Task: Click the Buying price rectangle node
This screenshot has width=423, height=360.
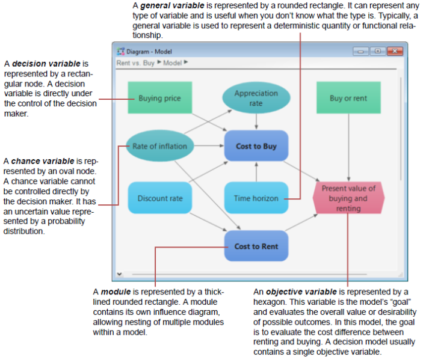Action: coord(160,97)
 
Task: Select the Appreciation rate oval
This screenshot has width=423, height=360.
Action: coord(256,98)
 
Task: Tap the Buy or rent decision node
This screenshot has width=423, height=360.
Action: coord(348,97)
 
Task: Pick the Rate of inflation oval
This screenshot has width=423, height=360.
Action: coord(160,146)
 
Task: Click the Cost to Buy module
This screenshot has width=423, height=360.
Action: coord(256,146)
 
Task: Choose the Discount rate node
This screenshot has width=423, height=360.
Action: coord(160,198)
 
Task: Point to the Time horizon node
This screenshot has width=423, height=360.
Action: coord(256,198)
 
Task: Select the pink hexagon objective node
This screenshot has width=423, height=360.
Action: coord(348,198)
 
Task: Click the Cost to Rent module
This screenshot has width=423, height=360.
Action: coord(256,246)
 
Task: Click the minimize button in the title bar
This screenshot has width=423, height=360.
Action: coord(360,51)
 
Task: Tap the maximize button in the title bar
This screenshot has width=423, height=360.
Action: coord(378,51)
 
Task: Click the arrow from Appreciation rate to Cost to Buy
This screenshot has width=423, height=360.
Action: coord(256,121)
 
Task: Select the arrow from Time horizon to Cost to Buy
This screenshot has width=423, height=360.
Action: coord(256,172)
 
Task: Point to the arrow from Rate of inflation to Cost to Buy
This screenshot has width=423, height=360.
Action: coord(209,146)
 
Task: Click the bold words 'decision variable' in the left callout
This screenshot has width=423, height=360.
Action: coord(46,64)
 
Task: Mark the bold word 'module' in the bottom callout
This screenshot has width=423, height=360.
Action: coord(116,292)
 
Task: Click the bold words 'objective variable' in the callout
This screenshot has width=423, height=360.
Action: coord(301,292)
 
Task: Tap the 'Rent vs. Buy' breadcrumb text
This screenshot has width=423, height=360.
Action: coord(135,63)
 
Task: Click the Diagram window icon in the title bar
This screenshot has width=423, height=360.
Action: coord(120,51)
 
